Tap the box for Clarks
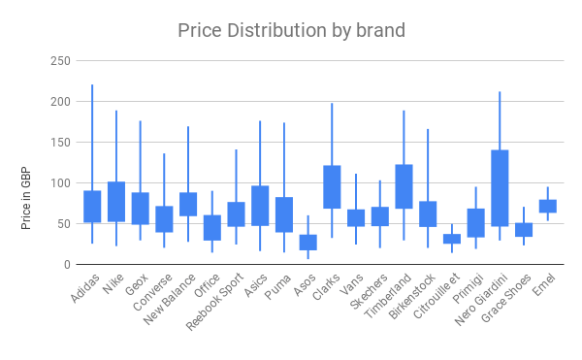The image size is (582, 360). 332,187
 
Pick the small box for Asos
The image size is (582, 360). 307,243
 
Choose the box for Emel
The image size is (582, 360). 548,206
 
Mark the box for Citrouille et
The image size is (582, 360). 452,239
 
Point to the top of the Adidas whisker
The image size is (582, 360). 92,85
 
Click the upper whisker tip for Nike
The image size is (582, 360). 116,111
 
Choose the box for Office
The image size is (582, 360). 211,228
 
